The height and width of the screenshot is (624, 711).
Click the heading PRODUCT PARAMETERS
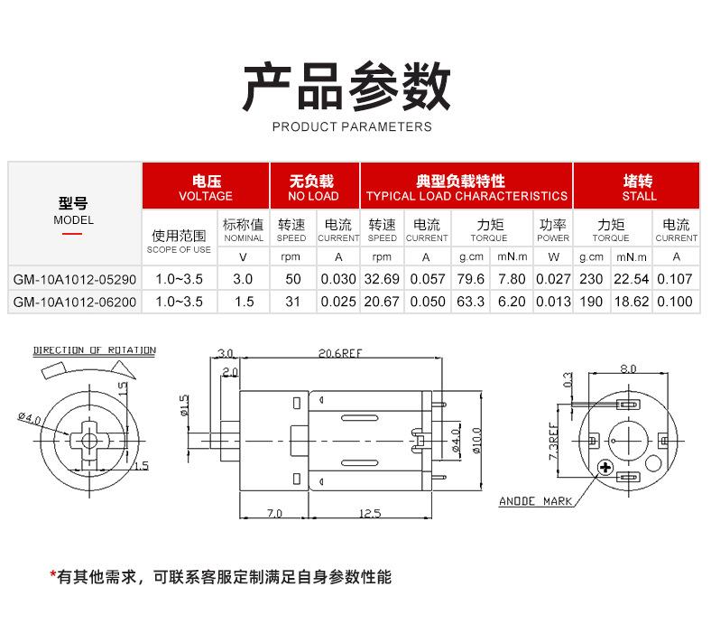(x=352, y=126)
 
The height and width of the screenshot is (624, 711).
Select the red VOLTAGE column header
(x=206, y=188)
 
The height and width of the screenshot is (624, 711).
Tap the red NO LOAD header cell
(x=313, y=188)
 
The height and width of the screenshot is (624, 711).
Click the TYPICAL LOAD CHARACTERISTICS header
(x=466, y=188)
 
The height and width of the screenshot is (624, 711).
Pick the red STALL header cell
(x=640, y=188)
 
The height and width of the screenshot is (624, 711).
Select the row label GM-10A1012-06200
(x=75, y=302)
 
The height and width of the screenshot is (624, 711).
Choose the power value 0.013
(x=553, y=302)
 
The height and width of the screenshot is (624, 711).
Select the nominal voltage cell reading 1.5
(x=243, y=302)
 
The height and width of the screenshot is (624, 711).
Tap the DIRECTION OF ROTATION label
(x=95, y=350)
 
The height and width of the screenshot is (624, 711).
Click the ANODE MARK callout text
(x=536, y=501)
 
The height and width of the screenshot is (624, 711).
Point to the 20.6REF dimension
(x=339, y=353)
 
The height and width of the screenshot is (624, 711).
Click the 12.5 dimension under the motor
(x=370, y=513)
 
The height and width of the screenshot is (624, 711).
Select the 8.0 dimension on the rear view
(x=628, y=368)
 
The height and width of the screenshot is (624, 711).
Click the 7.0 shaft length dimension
(x=274, y=513)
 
